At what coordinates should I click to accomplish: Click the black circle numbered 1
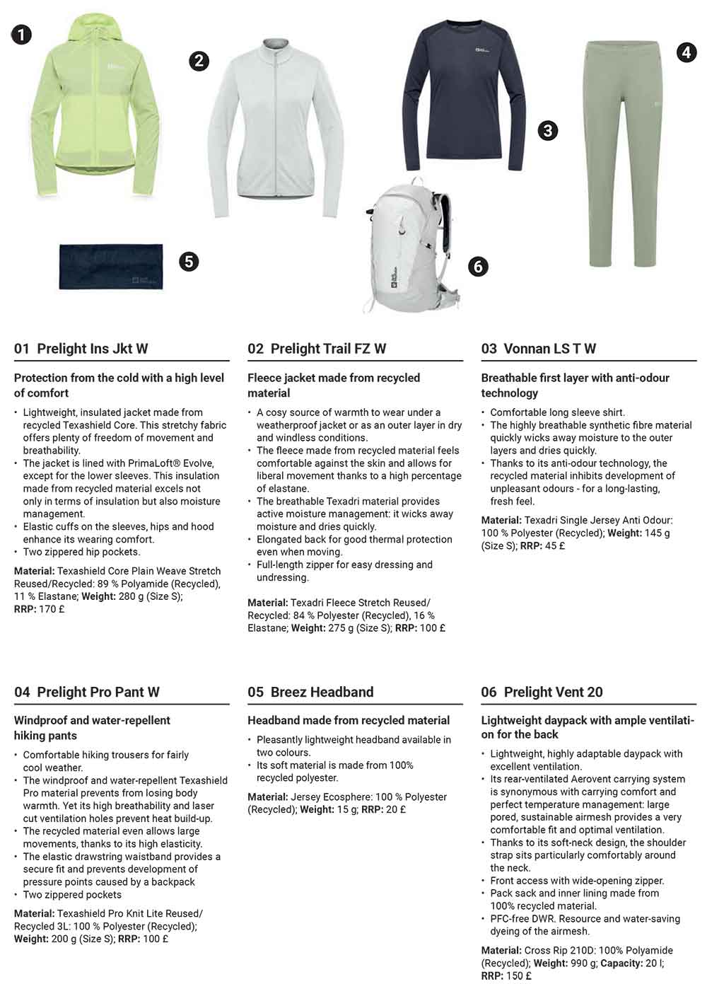[21, 33]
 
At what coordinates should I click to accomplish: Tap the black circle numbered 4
[686, 52]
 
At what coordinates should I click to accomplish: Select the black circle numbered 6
[478, 266]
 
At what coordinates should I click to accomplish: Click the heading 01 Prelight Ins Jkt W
[81, 348]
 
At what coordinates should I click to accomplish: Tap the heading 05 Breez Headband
[310, 692]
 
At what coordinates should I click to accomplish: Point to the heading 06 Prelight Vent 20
[542, 692]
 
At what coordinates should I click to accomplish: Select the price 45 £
[555, 545]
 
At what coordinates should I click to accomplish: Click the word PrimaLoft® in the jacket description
[155, 463]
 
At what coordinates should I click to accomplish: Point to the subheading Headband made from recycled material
[349, 720]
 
